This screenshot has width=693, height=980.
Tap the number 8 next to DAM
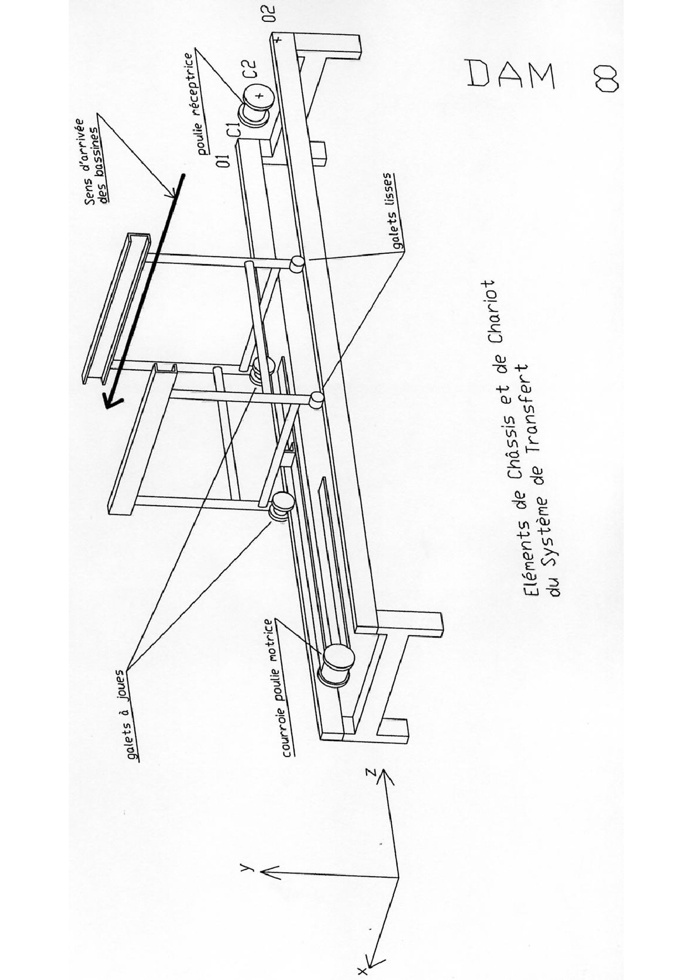point(606,77)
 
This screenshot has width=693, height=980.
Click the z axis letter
point(369,773)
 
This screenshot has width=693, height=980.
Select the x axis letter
point(363,971)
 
